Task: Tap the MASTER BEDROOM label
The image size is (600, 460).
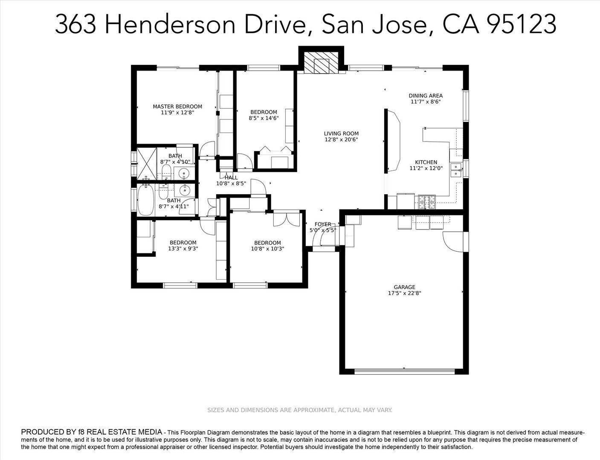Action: point(177,106)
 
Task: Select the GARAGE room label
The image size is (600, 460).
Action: point(404,287)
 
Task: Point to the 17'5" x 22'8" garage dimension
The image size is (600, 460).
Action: point(404,293)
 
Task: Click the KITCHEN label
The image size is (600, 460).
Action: point(426,162)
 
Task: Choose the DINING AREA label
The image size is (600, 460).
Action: point(426,96)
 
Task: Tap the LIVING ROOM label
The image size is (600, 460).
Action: point(341,133)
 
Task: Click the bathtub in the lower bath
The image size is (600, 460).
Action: point(145,201)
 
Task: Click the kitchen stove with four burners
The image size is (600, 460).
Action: point(427,202)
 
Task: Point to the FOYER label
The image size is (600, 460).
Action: point(323,224)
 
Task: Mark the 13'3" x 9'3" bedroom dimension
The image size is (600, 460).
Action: point(183,249)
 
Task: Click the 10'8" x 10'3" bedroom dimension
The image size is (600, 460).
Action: point(267,249)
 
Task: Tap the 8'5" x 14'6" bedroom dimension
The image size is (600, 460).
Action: point(264,118)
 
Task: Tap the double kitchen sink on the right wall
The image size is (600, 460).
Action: point(456,170)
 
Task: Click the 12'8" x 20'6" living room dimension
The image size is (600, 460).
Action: point(341,139)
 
